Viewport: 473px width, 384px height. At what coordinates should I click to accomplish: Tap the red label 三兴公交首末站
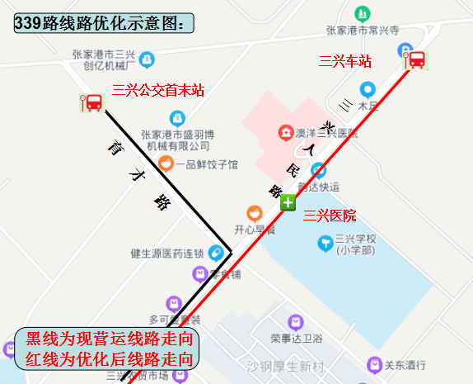click(x=158, y=90)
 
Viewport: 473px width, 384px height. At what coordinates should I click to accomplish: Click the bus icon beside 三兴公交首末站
click(x=92, y=103)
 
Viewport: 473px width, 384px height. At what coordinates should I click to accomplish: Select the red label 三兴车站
click(x=345, y=61)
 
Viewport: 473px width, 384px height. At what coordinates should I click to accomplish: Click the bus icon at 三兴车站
click(x=415, y=59)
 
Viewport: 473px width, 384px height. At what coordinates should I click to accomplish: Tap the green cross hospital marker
click(x=287, y=203)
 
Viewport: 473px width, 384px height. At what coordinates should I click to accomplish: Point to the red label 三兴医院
click(x=330, y=216)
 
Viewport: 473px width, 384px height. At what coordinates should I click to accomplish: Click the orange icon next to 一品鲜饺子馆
click(x=166, y=164)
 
